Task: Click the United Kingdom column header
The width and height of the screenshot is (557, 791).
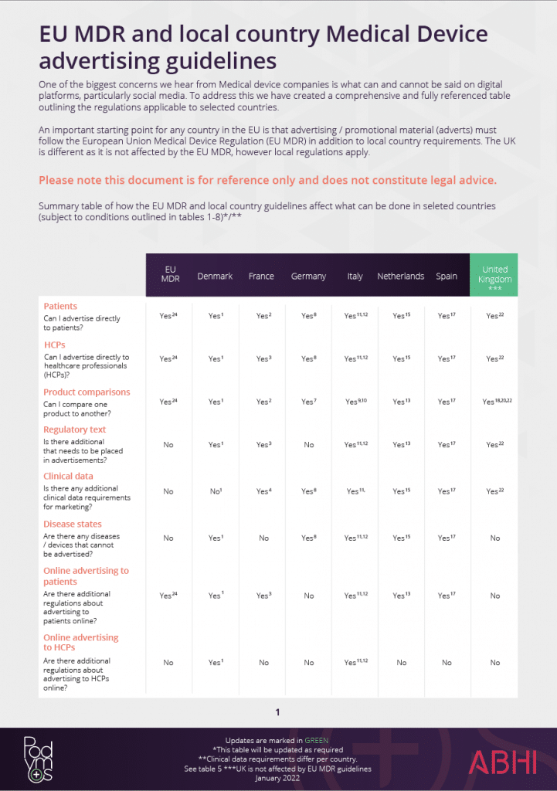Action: click(494, 275)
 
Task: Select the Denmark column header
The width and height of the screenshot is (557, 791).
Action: click(215, 276)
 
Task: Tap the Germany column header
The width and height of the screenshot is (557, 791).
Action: click(308, 276)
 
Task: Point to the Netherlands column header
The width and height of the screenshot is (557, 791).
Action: click(400, 276)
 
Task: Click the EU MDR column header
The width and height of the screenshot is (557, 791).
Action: click(170, 275)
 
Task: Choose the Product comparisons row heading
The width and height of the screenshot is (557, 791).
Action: click(87, 392)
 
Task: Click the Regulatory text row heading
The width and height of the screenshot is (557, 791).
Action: click(75, 429)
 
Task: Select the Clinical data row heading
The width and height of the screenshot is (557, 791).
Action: click(68, 476)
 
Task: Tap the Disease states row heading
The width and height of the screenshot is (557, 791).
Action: click(72, 524)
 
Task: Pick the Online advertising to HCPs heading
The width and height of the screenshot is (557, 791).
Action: click(80, 643)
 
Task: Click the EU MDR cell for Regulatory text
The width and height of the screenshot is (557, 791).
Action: click(168, 445)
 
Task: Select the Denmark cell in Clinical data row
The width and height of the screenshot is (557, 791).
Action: click(215, 491)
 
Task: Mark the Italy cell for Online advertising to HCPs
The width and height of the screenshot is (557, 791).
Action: click(355, 662)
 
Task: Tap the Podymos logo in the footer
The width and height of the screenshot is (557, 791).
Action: click(36, 759)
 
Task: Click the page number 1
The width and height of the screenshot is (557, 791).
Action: click(277, 712)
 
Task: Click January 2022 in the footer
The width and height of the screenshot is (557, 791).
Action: click(277, 778)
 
